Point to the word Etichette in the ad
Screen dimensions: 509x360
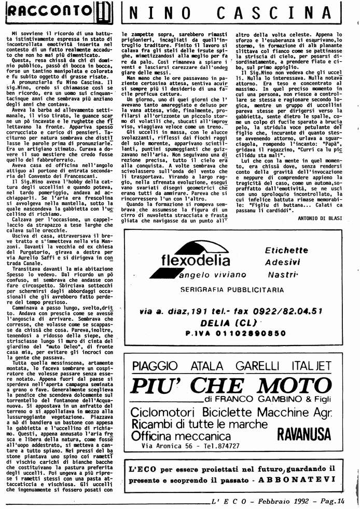286,250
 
